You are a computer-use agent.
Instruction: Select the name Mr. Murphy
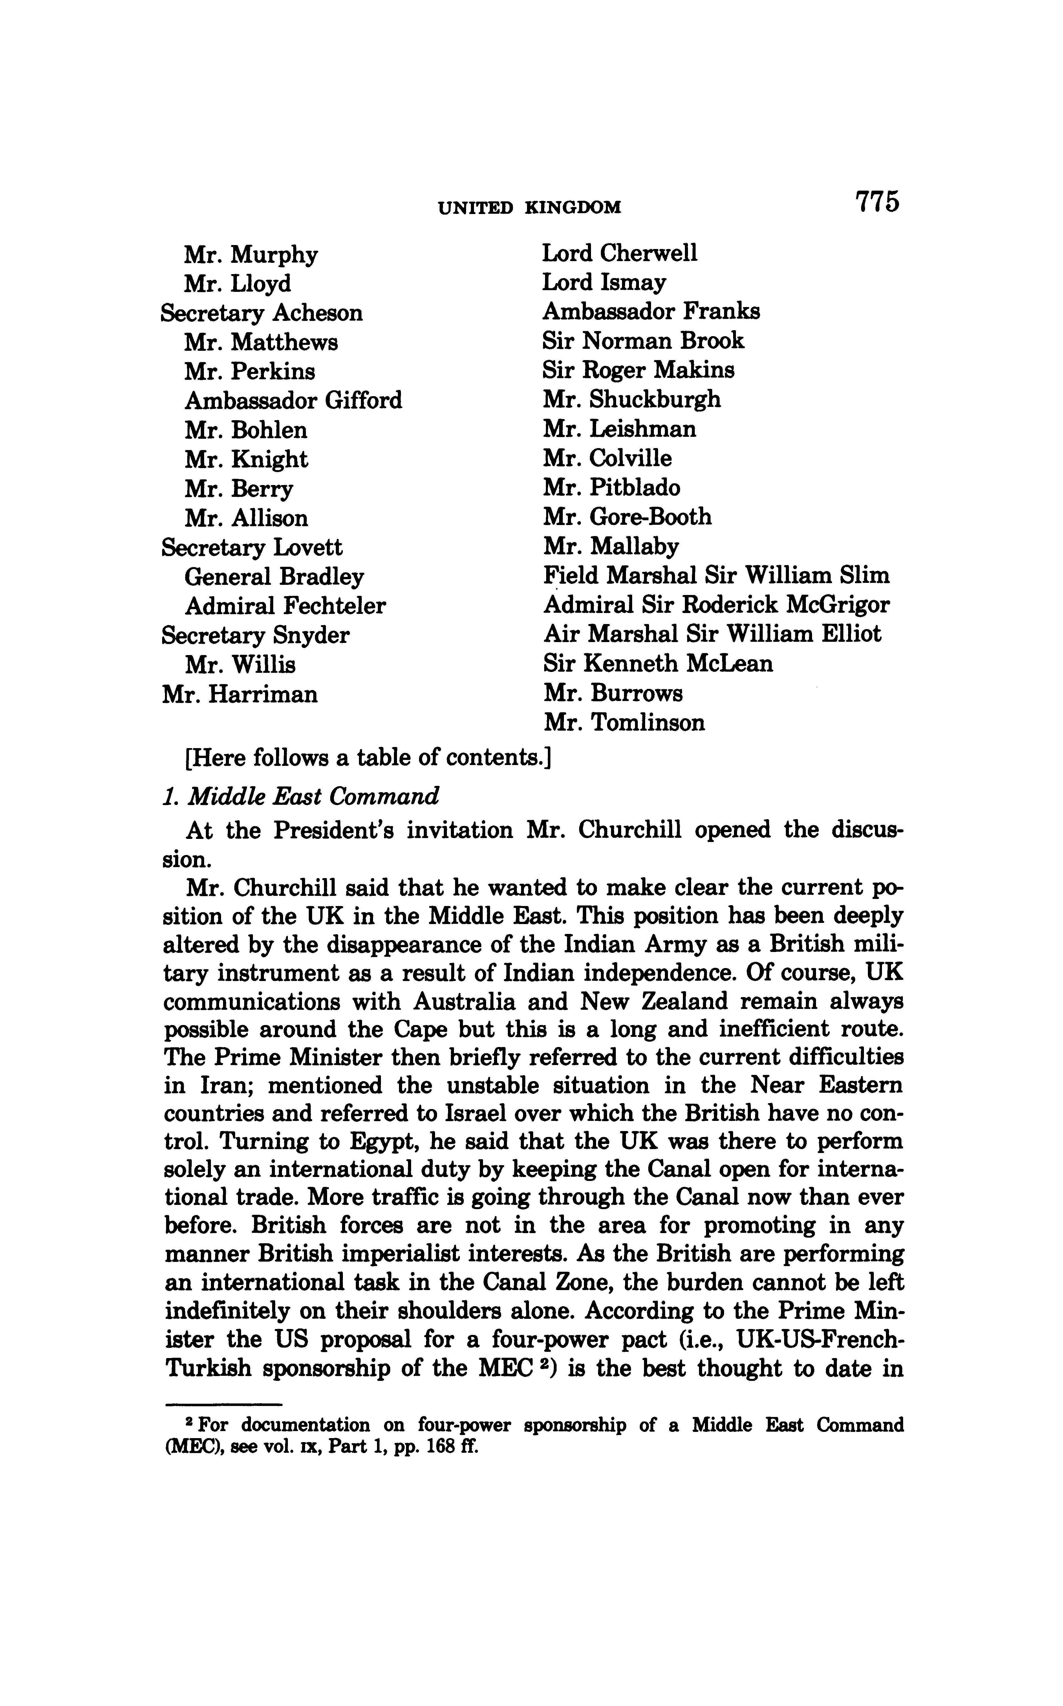(251, 254)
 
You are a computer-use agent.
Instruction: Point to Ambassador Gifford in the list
(293, 401)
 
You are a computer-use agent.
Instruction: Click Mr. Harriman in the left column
(240, 695)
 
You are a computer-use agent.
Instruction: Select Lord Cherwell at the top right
(619, 253)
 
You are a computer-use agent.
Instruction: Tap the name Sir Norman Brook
(643, 341)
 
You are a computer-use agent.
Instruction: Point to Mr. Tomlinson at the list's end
(624, 723)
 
